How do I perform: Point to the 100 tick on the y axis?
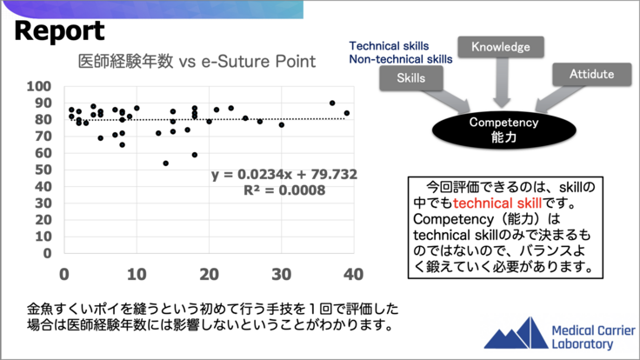(x=39, y=86)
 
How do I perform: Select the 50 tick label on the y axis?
(x=41, y=170)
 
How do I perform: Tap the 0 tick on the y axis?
(x=46, y=254)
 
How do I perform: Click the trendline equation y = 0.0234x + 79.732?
(x=283, y=175)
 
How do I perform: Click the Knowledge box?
(x=501, y=48)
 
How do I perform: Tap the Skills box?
(x=410, y=78)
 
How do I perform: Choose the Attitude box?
(x=591, y=75)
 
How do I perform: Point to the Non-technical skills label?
(x=401, y=59)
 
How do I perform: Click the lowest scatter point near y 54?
(x=165, y=163)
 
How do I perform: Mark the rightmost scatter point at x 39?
(x=346, y=113)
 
